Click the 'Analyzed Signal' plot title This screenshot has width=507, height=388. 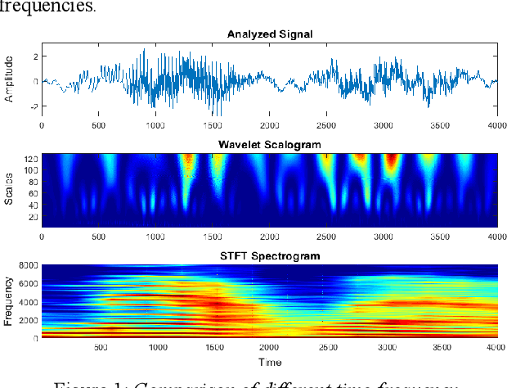coord(269,34)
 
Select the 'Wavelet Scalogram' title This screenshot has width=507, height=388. coord(269,144)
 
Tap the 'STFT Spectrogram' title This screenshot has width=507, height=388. coord(269,255)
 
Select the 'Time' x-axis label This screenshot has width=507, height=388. coord(269,362)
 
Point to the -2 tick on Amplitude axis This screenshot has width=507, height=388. coord(34,107)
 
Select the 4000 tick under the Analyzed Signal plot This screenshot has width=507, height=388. coord(494,126)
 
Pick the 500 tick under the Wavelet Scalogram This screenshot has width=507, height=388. coord(98,237)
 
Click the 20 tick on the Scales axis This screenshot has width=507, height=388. coord(33,219)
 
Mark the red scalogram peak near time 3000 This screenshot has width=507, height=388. coord(391,160)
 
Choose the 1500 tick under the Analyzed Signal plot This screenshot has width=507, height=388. coord(212,126)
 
